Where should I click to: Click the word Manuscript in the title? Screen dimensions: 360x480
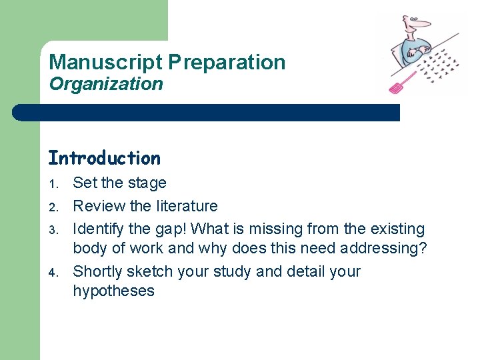click(x=105, y=63)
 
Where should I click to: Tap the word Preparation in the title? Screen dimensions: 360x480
click(x=227, y=63)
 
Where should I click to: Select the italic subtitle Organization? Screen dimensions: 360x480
click(x=105, y=84)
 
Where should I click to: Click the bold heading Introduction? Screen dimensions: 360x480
click(x=104, y=158)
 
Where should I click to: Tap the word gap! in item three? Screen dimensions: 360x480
click(x=175, y=229)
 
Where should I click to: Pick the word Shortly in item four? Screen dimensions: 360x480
click(x=98, y=271)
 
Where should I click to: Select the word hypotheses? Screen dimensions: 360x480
click(x=113, y=291)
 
